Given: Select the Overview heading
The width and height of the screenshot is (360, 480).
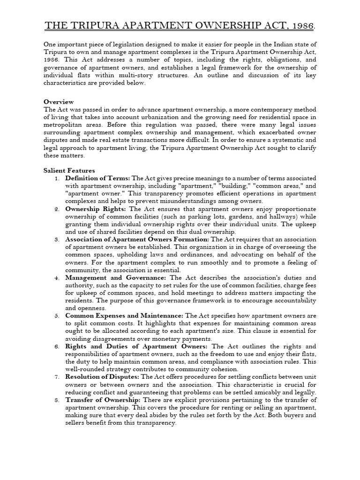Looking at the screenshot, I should click(59, 102).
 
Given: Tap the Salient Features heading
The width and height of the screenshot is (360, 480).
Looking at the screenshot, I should click(69, 171).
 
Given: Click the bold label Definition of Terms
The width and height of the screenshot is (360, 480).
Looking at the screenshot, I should click(98, 178).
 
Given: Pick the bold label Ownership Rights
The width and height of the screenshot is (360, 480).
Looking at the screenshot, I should click(96, 209).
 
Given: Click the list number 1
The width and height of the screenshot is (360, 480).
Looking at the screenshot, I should click(56, 178).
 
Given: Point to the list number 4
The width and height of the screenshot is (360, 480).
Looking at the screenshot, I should click(56, 277).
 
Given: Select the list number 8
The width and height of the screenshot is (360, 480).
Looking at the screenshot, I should click(56, 400).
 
